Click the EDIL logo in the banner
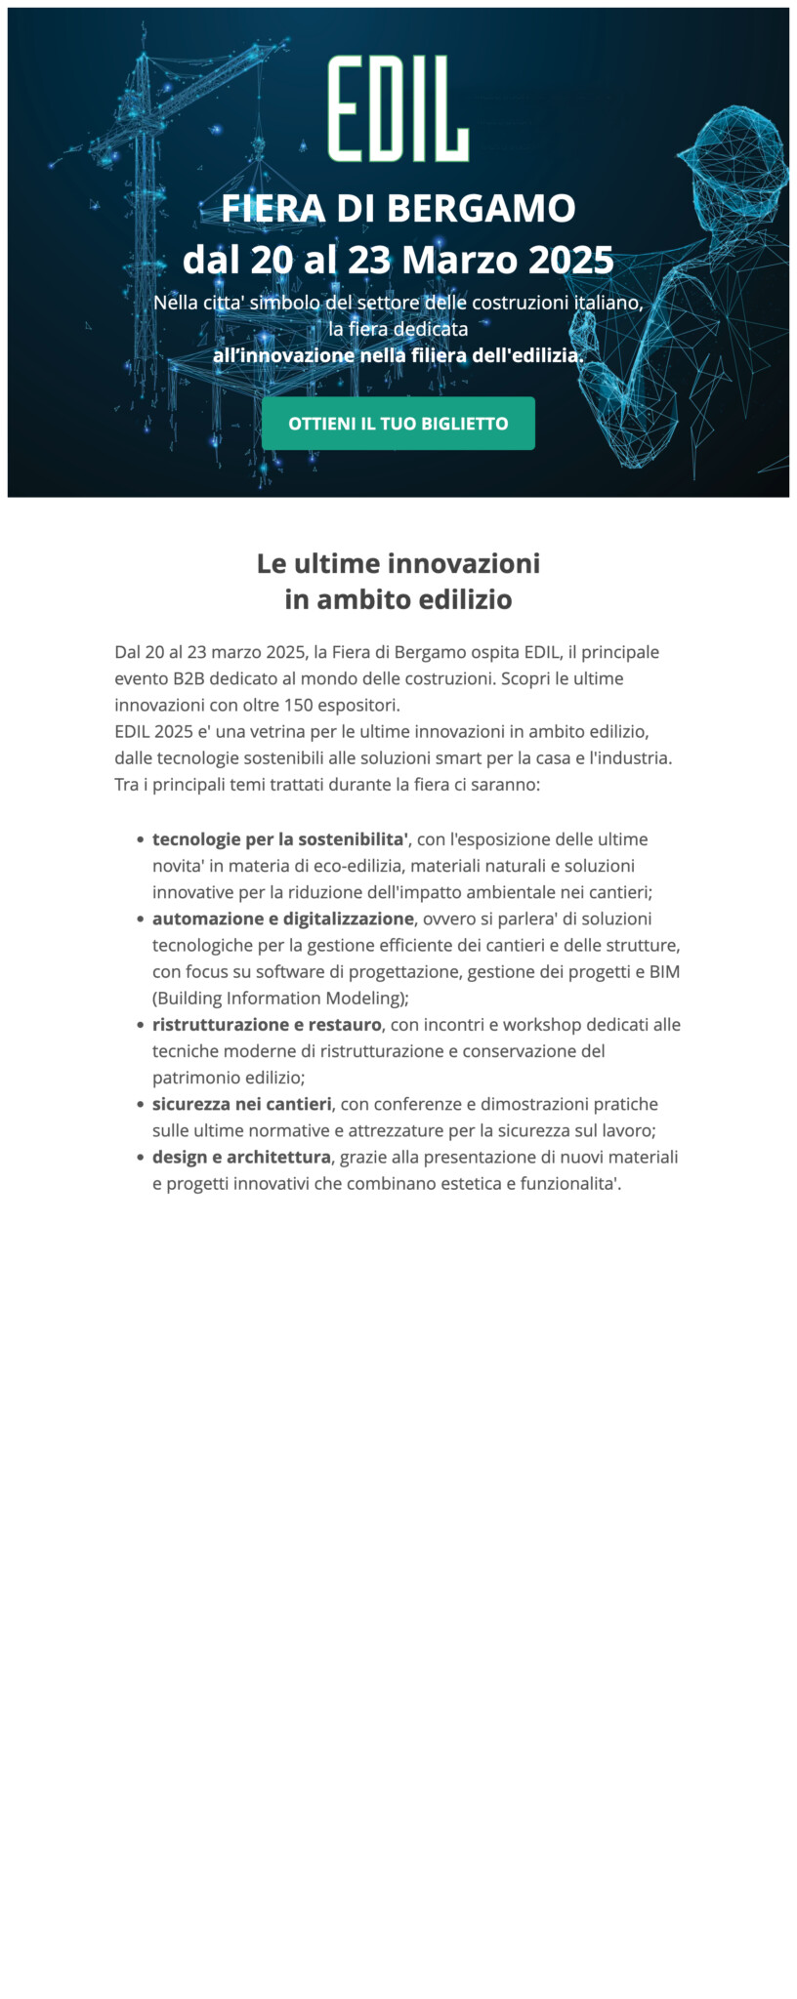[x=398, y=108]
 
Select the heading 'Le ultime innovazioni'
[x=398, y=564]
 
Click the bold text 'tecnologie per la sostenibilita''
[x=280, y=839]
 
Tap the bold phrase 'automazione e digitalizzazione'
[x=282, y=918]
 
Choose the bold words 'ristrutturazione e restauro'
[x=267, y=1025]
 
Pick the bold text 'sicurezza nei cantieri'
[x=242, y=1104]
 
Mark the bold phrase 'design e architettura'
[x=241, y=1157]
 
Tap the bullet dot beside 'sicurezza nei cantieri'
[x=142, y=1105]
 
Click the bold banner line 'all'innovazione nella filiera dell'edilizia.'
[x=398, y=356]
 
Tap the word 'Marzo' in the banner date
[x=459, y=261]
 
